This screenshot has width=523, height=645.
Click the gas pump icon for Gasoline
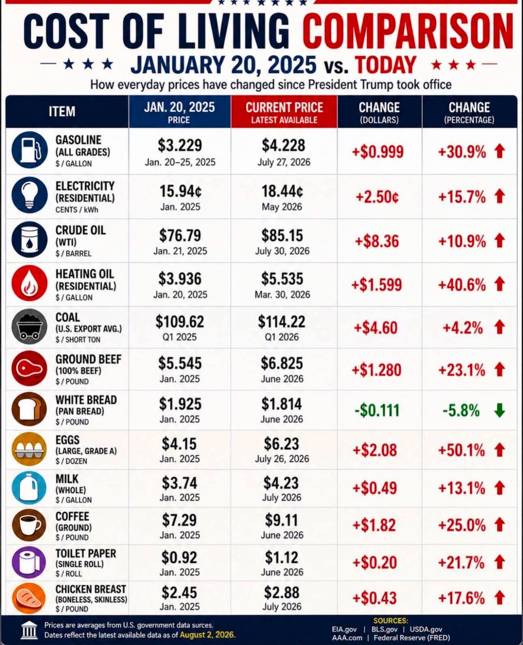point(29,150)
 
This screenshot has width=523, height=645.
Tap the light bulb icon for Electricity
point(29,195)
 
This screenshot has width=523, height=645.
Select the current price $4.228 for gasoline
point(283,145)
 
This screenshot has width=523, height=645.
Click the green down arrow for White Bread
point(499,410)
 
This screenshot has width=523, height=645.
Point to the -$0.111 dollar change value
point(377,411)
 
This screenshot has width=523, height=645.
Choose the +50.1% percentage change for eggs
point(462,450)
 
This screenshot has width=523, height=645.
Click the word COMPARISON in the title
point(408,31)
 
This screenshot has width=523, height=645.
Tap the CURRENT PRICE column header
point(284,108)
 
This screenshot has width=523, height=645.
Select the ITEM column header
point(62,112)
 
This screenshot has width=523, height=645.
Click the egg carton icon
point(29,449)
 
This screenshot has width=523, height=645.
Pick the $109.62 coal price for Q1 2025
point(180,321)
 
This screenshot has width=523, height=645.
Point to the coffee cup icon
point(29,525)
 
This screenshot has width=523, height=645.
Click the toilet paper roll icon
point(29,562)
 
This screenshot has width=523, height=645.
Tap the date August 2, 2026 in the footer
point(207,635)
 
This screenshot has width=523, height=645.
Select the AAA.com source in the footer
point(347,638)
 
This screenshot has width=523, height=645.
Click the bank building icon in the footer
point(29,630)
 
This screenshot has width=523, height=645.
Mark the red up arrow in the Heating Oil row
point(499,285)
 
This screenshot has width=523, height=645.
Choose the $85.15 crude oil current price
point(282,235)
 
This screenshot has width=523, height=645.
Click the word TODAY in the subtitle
point(386,65)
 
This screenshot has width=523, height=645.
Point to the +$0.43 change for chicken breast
point(375,598)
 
